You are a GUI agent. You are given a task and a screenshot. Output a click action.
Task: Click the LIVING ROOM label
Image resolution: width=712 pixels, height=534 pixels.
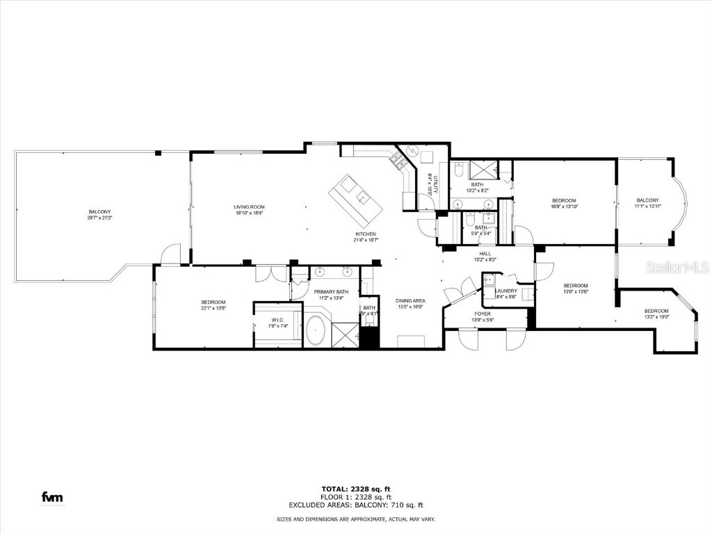[x=249, y=207]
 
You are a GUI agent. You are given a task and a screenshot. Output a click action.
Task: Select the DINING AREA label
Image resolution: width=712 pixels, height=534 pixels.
[x=411, y=300]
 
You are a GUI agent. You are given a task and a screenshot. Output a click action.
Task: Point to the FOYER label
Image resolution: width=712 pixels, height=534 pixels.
[x=483, y=314]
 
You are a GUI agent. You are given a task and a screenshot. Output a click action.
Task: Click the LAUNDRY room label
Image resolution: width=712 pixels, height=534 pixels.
[x=506, y=291]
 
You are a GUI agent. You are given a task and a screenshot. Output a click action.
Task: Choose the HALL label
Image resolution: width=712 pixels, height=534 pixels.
[x=485, y=254]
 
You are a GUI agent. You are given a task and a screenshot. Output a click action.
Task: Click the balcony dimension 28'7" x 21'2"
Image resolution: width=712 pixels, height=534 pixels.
[x=99, y=218]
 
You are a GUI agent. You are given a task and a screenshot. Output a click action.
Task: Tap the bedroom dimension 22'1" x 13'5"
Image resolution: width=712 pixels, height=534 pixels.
[x=214, y=307]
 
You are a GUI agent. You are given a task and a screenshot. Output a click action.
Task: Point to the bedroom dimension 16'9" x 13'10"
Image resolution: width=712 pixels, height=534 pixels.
[x=564, y=207]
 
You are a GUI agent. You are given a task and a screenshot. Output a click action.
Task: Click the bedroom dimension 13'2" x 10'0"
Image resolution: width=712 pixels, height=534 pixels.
[x=656, y=316]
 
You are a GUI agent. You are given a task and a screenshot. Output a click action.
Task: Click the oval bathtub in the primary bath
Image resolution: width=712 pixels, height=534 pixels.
[x=317, y=330]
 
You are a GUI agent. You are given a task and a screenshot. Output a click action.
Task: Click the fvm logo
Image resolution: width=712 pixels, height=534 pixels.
[x=52, y=496]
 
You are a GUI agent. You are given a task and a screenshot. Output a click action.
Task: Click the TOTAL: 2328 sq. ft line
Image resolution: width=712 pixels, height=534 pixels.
[x=355, y=489]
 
